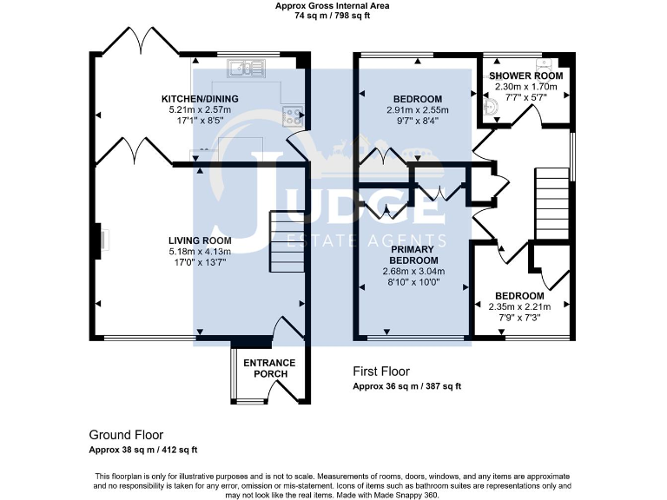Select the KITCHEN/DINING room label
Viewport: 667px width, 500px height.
tap(200, 99)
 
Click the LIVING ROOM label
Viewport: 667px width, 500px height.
tap(200, 240)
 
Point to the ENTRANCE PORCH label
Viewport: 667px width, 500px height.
tap(269, 368)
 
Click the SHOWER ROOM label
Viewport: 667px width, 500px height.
tap(528, 76)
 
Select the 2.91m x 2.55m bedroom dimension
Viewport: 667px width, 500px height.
tap(417, 110)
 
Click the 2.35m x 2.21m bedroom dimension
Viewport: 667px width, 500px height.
tap(520, 307)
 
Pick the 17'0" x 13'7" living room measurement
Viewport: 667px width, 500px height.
tap(200, 262)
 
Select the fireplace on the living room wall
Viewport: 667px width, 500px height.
tap(101, 240)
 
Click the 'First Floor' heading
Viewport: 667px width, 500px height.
tap(381, 372)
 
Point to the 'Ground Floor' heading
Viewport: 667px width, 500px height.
tap(126, 435)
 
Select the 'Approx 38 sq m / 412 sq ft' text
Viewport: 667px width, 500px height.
tap(143, 450)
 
